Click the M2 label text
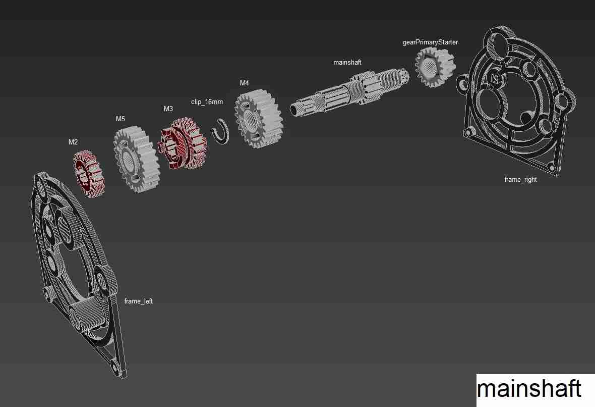pyautogui.click(x=73, y=142)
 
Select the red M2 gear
pyautogui.click(x=90, y=173)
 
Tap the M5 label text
pyautogui.click(x=120, y=119)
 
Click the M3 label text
pyautogui.click(x=168, y=109)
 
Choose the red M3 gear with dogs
pyautogui.click(x=183, y=143)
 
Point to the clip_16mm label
pyautogui.click(x=207, y=101)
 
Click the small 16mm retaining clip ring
pyautogui.click(x=220, y=131)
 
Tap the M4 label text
pyautogui.click(x=244, y=83)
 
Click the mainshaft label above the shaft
pyautogui.click(x=347, y=62)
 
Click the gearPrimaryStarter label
pyautogui.click(x=430, y=42)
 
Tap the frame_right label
pyautogui.click(x=520, y=179)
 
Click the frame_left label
pyautogui.click(x=138, y=301)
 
